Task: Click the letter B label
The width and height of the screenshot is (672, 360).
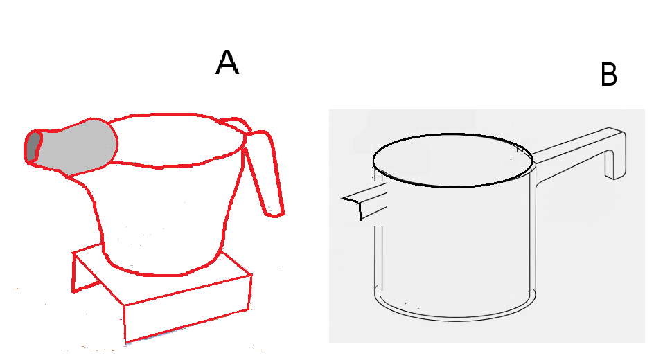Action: click(609, 75)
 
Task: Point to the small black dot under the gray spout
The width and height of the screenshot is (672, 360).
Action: click(82, 179)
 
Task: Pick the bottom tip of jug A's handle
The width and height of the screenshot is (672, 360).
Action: click(276, 212)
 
